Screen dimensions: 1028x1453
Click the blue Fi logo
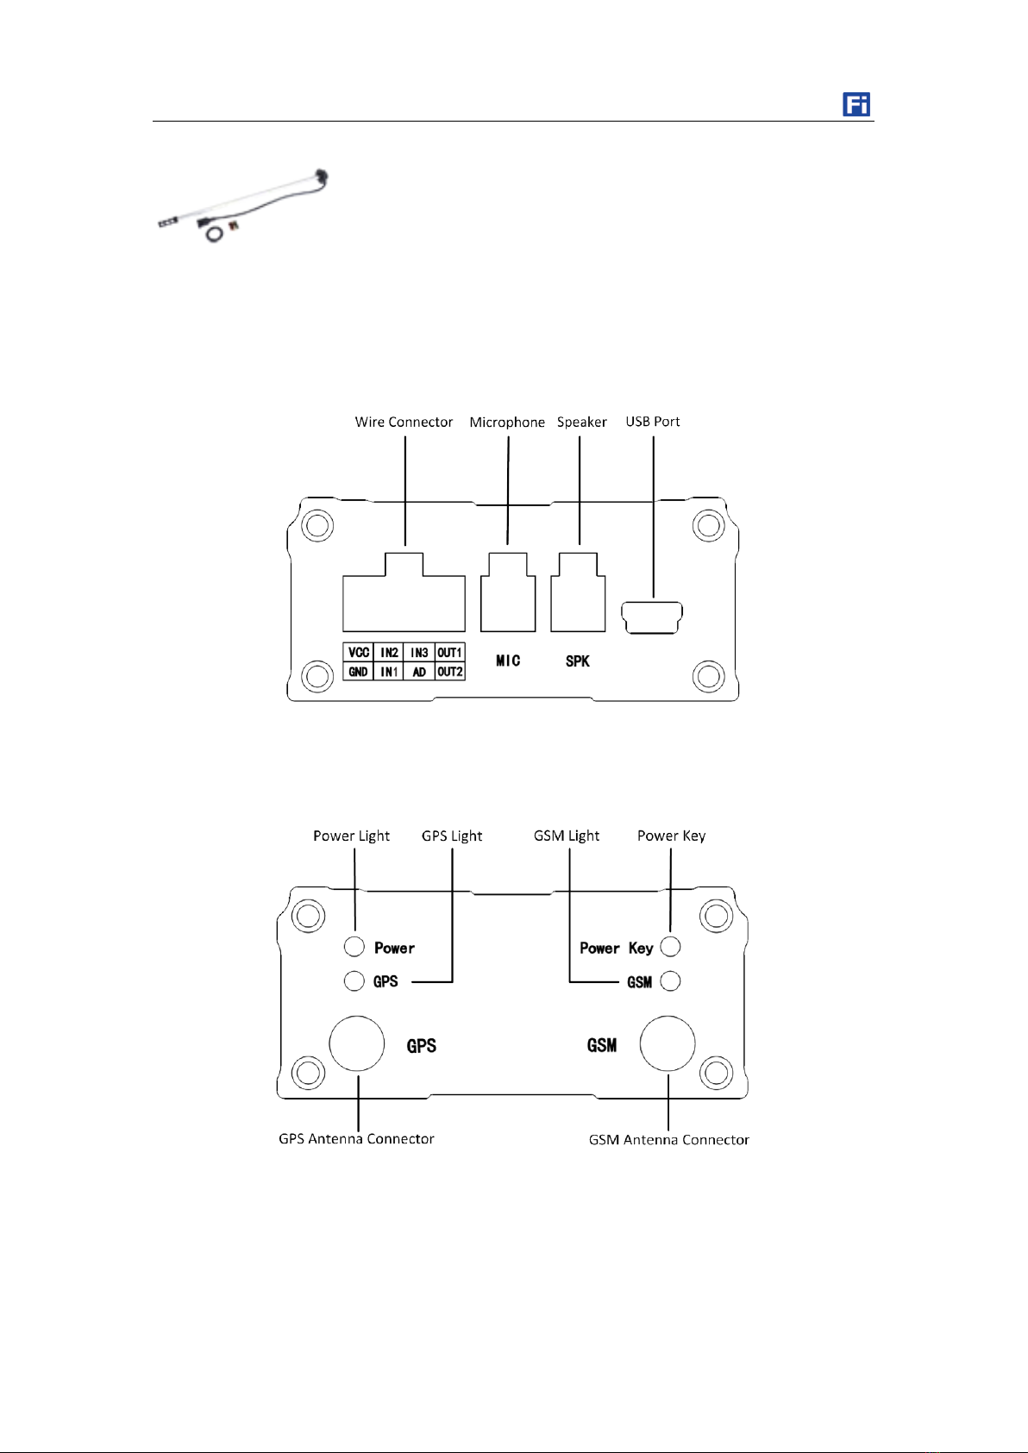pyautogui.click(x=856, y=104)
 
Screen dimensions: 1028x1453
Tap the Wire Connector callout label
pyautogui.click(x=404, y=422)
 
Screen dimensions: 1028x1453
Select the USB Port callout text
pyautogui.click(x=653, y=422)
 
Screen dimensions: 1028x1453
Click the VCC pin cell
pyautogui.click(x=359, y=653)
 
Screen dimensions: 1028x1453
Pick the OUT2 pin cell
pyautogui.click(x=450, y=672)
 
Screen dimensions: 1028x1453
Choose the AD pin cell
pyautogui.click(x=419, y=672)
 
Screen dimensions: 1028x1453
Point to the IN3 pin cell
pyautogui.click(x=419, y=653)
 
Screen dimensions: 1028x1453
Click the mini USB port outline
pyautogui.click(x=652, y=617)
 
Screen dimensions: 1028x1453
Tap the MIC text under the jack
pyautogui.click(x=508, y=661)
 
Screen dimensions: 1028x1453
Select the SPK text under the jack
pyautogui.click(x=578, y=661)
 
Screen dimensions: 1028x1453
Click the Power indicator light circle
pyautogui.click(x=354, y=947)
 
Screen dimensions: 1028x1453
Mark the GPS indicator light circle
pyautogui.click(x=354, y=980)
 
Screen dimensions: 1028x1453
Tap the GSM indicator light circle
pyautogui.click(x=670, y=981)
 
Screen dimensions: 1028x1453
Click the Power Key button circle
pyautogui.click(x=670, y=947)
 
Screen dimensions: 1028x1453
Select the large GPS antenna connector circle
pyautogui.click(x=357, y=1043)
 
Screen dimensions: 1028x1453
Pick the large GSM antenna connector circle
pyautogui.click(x=668, y=1043)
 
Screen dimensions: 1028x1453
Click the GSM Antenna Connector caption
pyautogui.click(x=669, y=1140)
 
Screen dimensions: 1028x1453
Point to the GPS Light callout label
pyautogui.click(x=452, y=836)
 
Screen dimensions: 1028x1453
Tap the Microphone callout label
pyautogui.click(x=507, y=422)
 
